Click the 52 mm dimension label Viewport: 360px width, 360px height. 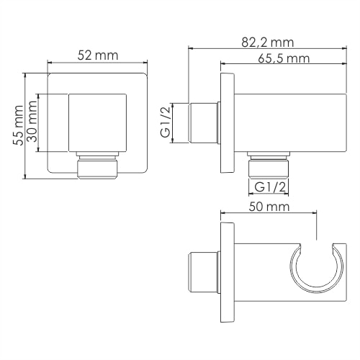point(98,54)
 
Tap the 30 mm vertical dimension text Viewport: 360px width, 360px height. point(32,123)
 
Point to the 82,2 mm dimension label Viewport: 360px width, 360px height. point(269,42)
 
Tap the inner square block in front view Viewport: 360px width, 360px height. point(93,123)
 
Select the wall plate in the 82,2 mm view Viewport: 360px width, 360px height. point(228,123)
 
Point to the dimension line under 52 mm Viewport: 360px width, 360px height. point(98,64)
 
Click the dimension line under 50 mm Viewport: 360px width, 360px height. point(268,214)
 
